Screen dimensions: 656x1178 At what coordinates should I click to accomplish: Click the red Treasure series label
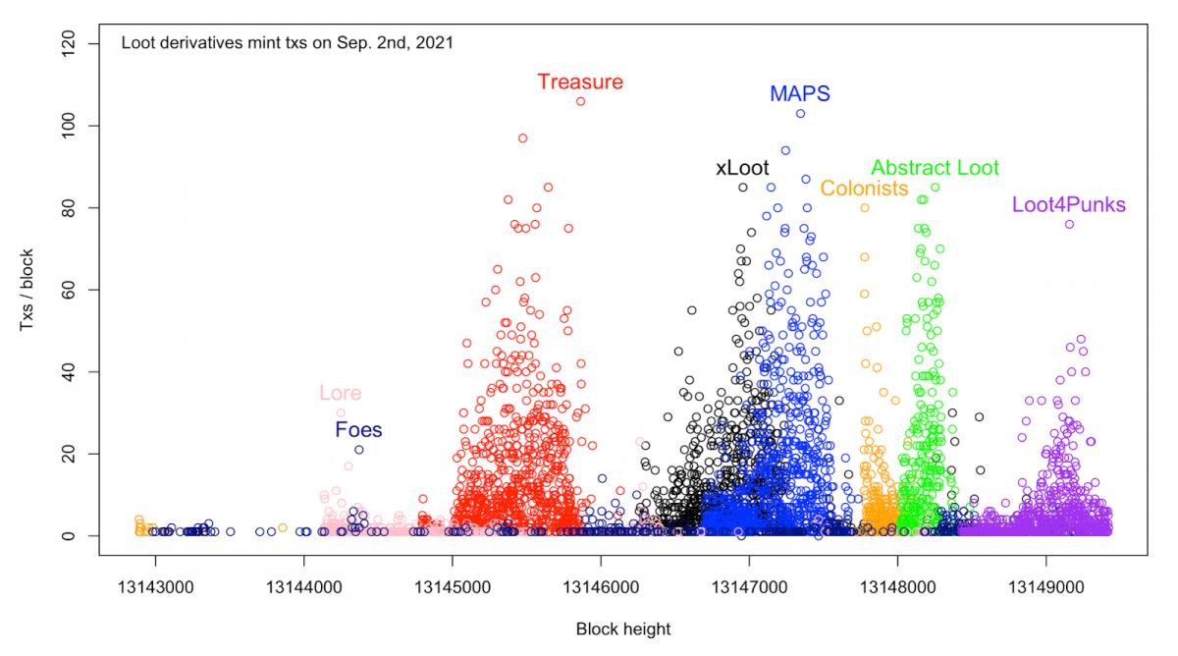580,82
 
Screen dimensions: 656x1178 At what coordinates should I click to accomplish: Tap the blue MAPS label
799,94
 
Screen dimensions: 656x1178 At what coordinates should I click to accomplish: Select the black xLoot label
742,168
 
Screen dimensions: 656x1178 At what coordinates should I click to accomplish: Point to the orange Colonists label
864,189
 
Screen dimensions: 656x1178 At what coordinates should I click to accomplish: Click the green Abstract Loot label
935,168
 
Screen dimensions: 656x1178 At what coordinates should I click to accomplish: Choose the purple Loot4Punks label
1068,205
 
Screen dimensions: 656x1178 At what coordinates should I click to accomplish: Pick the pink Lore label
341,394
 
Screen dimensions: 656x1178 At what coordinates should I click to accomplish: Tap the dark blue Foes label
358,430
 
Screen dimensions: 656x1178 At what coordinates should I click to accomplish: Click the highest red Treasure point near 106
580,101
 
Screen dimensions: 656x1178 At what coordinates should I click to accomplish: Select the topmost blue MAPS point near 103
800,114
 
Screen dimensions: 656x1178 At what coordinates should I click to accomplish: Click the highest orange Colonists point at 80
865,208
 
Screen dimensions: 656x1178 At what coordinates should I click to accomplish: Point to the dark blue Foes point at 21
359,450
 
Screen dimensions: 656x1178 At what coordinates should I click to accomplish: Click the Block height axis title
623,629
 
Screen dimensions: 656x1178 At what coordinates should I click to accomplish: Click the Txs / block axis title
30,290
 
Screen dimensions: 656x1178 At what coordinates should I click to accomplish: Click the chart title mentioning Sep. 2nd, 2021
287,43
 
